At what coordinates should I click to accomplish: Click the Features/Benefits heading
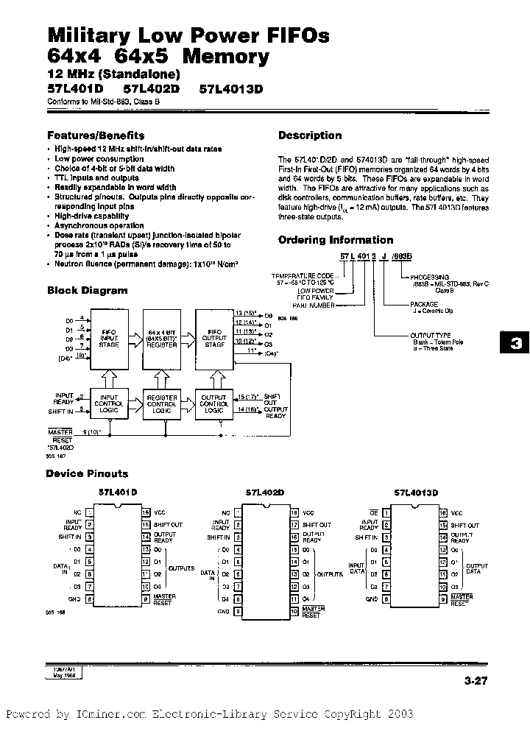pos(96,135)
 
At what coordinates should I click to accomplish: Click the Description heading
pos(310,135)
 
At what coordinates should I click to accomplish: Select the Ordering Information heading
pos(336,240)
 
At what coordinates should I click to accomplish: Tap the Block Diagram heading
pos(87,290)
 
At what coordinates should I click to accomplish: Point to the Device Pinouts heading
pos(87,473)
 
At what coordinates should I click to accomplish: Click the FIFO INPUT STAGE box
pos(108,336)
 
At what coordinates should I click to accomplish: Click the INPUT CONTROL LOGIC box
pos(108,402)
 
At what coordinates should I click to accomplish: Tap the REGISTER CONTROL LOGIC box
pos(161,402)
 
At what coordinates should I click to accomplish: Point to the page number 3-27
pos(476,681)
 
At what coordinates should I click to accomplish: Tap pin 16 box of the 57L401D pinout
pos(146,512)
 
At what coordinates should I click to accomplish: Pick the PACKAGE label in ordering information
pos(423,304)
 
